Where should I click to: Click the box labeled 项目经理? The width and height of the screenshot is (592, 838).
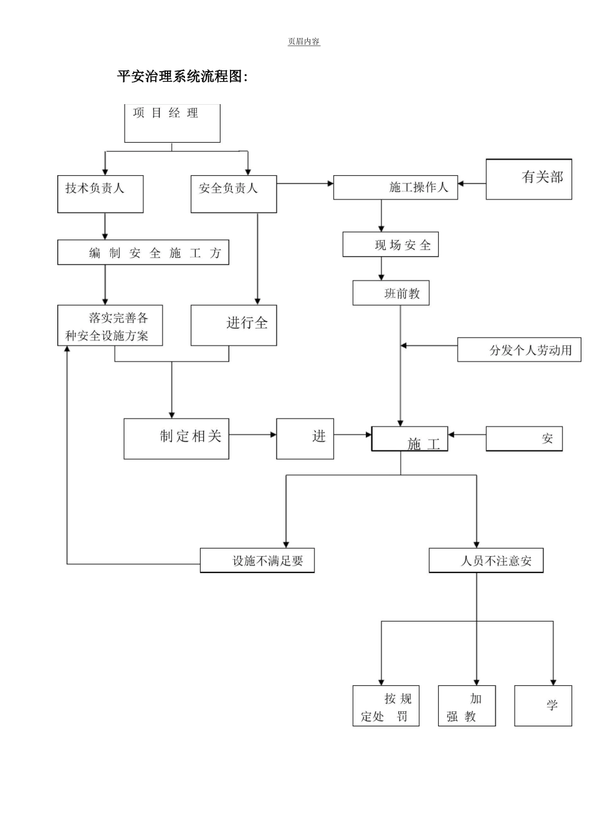tap(172, 123)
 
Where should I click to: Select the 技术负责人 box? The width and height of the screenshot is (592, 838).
tap(100, 194)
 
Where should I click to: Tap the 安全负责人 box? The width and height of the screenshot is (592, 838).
tap(234, 194)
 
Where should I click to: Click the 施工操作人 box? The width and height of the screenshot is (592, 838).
tap(395, 188)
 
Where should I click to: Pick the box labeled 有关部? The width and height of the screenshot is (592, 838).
tap(528, 179)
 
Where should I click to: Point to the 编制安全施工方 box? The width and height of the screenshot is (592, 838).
tap(143, 253)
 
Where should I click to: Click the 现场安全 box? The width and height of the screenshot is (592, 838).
tap(391, 244)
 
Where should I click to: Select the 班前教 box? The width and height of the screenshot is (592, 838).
tap(391, 293)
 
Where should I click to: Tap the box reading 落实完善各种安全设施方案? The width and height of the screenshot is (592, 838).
tap(110, 325)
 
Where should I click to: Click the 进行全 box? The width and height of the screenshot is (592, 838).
tap(234, 325)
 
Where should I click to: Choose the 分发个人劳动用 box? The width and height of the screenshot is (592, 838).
tap(519, 350)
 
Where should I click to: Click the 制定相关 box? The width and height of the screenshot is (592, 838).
tap(176, 439)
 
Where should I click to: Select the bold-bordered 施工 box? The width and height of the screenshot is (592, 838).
tap(409, 439)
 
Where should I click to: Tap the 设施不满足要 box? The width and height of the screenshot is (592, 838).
tap(257, 561)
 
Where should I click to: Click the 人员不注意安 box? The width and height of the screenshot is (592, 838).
tap(486, 561)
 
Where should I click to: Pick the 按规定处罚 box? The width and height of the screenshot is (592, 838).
tap(386, 706)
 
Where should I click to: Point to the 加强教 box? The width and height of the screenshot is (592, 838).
tap(467, 706)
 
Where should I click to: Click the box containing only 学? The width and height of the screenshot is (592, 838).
tap(543, 706)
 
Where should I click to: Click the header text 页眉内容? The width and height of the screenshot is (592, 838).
tap(303, 42)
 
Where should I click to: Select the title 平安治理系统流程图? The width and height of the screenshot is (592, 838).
tap(183, 77)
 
